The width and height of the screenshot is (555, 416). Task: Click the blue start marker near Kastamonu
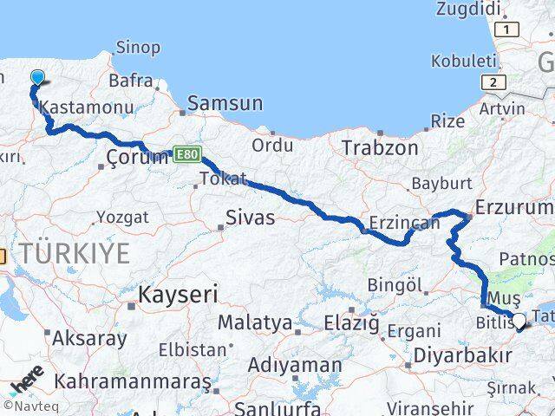coord(36,79)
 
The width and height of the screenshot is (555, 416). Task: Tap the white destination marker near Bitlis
coord(519,322)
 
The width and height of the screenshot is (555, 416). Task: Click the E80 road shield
coord(186,153)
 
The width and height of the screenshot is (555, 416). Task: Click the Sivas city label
coord(250,218)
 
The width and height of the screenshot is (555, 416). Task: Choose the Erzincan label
coord(404,223)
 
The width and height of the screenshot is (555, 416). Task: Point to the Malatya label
coord(254,323)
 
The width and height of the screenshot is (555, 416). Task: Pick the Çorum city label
coord(136,158)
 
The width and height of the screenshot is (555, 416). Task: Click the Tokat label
coord(223,179)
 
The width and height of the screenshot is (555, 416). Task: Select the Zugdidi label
coord(470,10)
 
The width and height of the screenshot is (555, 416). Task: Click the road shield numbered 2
coord(493,82)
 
